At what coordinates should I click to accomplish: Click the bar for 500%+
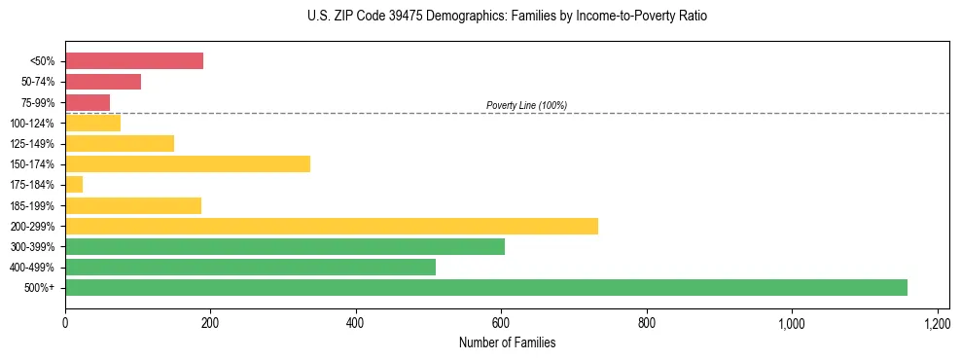pos(486,287)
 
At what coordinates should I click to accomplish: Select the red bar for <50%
pos(134,61)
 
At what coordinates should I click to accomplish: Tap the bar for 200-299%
pos(332,226)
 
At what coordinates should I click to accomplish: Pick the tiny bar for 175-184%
pos(74,184)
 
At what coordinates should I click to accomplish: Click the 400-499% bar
pos(250,267)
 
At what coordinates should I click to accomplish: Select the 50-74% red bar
pos(103,82)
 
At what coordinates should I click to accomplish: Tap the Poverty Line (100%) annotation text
pos(526,105)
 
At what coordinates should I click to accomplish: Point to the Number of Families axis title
pos(508,342)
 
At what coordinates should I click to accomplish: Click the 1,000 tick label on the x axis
pos(792,322)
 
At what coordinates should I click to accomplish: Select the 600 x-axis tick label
pos(501,322)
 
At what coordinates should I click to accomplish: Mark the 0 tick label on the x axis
pos(65,322)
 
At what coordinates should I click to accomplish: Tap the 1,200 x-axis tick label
pos(937,322)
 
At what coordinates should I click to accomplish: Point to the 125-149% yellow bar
pos(120,143)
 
